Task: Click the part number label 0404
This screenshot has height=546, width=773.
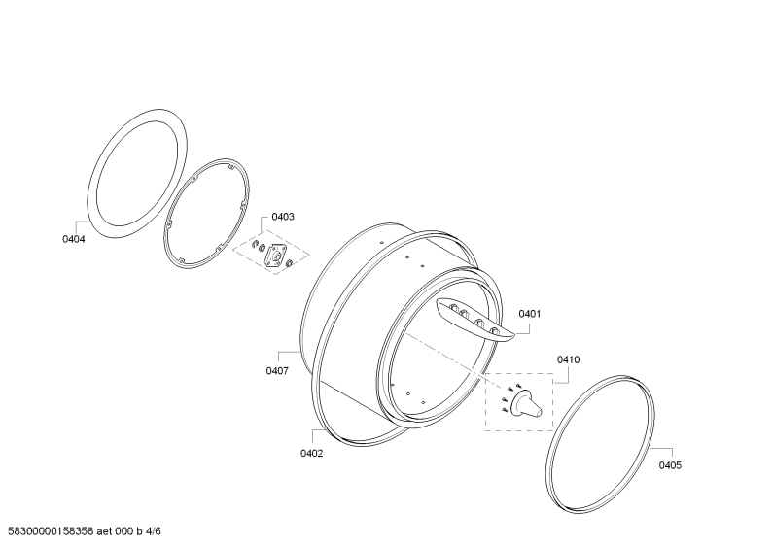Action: (74, 240)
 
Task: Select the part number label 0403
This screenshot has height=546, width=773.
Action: (283, 217)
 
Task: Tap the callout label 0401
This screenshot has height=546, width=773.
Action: (530, 314)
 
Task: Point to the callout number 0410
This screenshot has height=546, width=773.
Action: (569, 359)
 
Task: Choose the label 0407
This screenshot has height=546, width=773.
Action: (277, 371)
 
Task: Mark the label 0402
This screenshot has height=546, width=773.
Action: (312, 454)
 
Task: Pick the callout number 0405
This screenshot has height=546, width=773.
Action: (671, 465)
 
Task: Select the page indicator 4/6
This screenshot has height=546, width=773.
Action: (153, 531)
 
